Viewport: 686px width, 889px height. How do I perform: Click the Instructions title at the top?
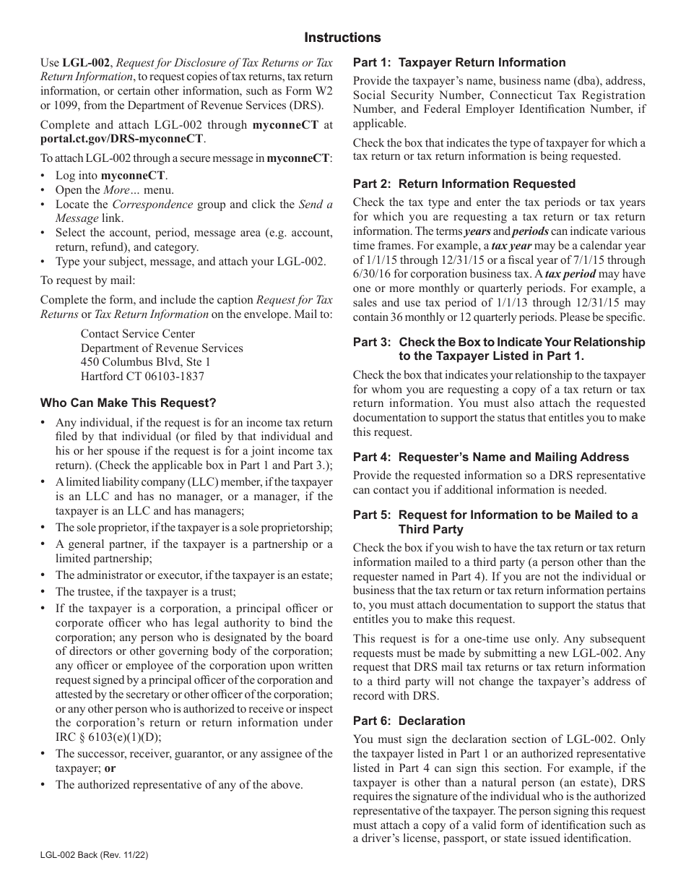[x=342, y=38]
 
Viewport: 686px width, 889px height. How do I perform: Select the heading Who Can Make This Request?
[x=128, y=403]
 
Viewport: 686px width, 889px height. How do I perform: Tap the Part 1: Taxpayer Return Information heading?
[x=459, y=62]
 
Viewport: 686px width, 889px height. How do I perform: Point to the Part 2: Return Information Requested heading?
[x=464, y=184]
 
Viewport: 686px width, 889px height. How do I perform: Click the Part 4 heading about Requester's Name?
[x=490, y=457]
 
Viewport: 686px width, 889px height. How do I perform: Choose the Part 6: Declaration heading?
[x=409, y=721]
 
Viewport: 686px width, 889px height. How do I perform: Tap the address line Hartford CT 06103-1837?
[x=142, y=377]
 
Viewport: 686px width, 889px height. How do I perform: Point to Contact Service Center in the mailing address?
[x=138, y=333]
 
